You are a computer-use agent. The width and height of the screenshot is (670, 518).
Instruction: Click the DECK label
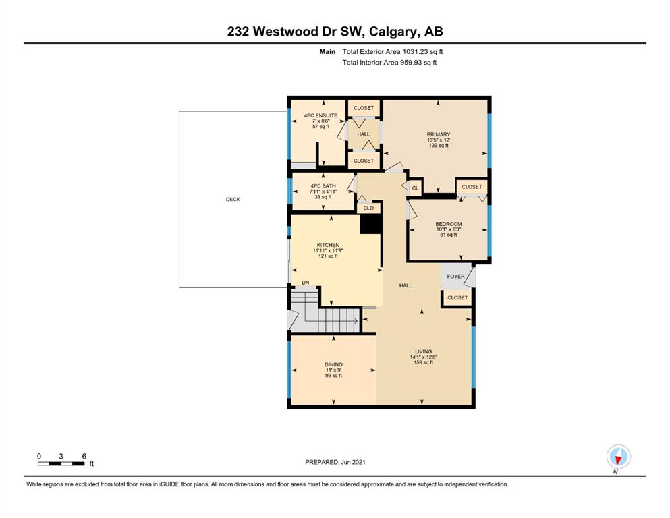click(x=233, y=200)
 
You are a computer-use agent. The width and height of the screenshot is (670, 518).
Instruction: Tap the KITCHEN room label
click(x=328, y=245)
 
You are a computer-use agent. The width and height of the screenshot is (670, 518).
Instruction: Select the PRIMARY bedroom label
click(x=439, y=134)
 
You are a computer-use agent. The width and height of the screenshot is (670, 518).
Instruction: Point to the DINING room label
click(x=334, y=365)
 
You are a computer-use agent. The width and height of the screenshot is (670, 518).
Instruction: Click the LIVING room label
click(x=424, y=352)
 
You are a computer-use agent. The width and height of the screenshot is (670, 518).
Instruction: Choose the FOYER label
click(x=455, y=277)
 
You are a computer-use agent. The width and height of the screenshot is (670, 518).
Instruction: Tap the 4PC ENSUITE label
click(x=321, y=116)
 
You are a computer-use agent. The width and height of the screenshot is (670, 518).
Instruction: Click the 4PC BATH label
click(x=323, y=186)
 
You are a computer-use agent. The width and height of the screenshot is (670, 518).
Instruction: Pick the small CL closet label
click(x=416, y=188)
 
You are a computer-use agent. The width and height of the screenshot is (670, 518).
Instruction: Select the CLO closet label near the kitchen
click(x=368, y=208)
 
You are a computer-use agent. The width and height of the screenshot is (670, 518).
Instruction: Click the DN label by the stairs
click(x=306, y=283)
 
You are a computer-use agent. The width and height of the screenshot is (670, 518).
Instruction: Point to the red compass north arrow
click(x=617, y=459)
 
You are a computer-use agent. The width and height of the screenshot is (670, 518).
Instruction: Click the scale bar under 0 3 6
click(x=61, y=464)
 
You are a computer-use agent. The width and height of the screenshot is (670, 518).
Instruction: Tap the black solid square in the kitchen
click(x=370, y=223)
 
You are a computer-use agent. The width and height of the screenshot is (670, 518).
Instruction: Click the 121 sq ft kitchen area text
click(x=328, y=256)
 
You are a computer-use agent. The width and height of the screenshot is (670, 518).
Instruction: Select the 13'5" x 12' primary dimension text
click(x=439, y=140)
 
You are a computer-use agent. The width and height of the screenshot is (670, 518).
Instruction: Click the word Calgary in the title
click(x=393, y=32)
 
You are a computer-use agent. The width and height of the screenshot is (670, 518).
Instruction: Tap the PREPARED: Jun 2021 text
click(x=335, y=462)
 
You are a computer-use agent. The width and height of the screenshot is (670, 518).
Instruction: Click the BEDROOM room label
click(x=448, y=224)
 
